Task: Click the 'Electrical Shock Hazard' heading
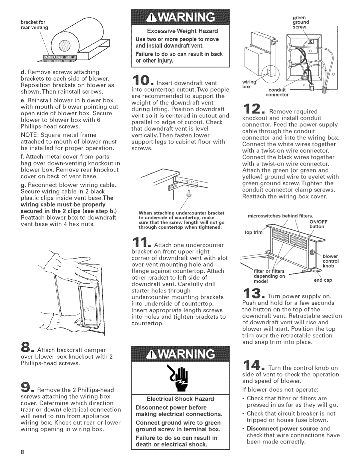click(180, 399)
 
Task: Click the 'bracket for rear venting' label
click(34, 25)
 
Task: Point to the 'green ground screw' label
click(301, 22)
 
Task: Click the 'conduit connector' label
click(277, 92)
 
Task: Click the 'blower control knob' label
click(330, 261)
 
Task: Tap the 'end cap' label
click(323, 280)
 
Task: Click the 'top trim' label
click(253, 232)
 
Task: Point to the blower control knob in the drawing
click(312, 252)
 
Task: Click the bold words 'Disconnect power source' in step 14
click(282, 429)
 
